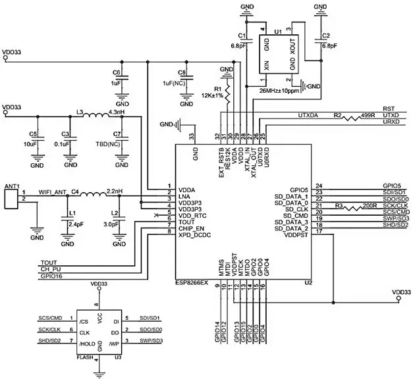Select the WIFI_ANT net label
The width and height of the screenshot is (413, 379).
pos(53,192)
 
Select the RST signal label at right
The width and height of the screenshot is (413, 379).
pos(388,109)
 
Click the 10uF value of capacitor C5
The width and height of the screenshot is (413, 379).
pos(31,143)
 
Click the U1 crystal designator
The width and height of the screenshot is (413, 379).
pos(277,31)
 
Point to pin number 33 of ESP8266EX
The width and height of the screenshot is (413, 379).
pos(192,137)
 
